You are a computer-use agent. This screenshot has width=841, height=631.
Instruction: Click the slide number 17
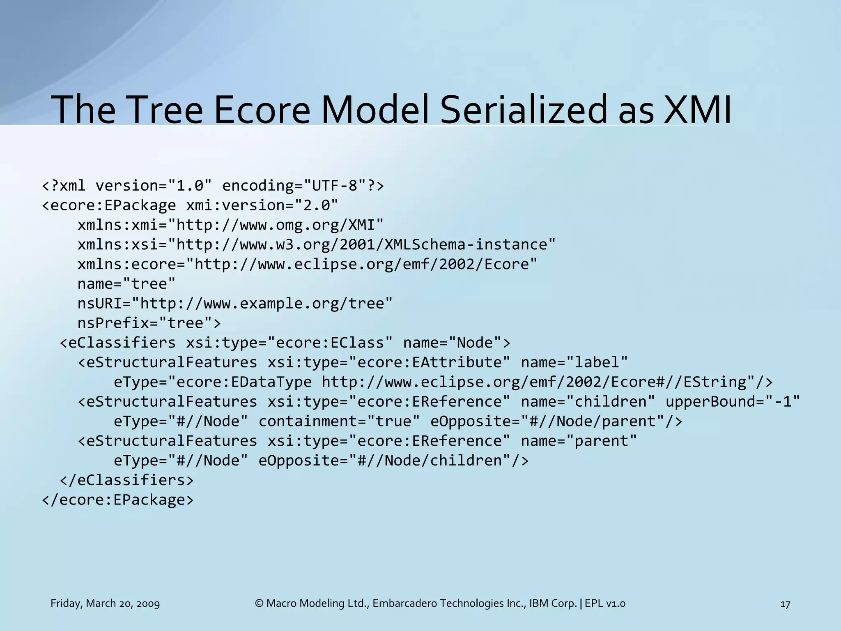(x=785, y=604)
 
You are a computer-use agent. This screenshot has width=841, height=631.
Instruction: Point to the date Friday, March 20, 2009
(x=105, y=603)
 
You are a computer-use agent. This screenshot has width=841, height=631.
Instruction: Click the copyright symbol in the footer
(x=259, y=603)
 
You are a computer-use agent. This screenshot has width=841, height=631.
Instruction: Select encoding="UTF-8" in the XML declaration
(x=294, y=186)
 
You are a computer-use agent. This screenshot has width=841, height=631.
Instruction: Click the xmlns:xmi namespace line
(x=230, y=225)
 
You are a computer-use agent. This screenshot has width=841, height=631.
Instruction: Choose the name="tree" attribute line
(x=126, y=284)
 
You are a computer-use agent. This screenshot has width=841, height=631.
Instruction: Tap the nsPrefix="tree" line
(x=149, y=323)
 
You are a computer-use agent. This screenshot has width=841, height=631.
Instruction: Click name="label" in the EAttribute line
(x=574, y=362)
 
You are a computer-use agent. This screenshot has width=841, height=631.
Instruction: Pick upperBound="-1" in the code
(x=733, y=401)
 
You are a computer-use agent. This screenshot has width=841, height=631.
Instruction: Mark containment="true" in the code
(x=339, y=421)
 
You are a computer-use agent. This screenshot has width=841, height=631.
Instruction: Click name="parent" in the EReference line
(x=579, y=441)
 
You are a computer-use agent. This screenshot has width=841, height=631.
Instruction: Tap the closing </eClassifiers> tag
(x=126, y=480)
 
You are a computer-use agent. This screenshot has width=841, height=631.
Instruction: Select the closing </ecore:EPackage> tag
(x=118, y=500)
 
